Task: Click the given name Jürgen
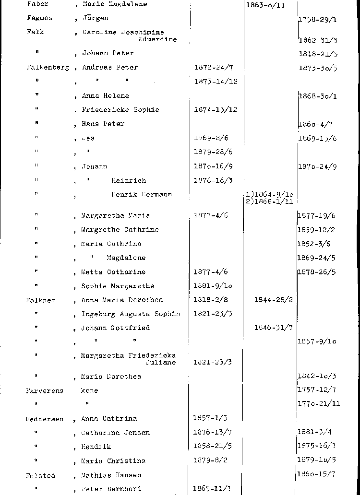pos(95,18)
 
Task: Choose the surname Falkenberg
pos(48,68)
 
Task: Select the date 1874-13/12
pos(216,110)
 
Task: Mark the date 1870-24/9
pos(317,167)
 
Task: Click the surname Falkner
pos(41,300)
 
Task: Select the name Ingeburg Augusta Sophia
pos(131,314)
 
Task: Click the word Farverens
pos(45,391)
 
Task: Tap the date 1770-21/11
pos(319,404)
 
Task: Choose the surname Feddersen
pos(45,419)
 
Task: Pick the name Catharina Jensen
pos(115,433)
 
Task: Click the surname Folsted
pos(41,476)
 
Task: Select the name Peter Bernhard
pos(111,489)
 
